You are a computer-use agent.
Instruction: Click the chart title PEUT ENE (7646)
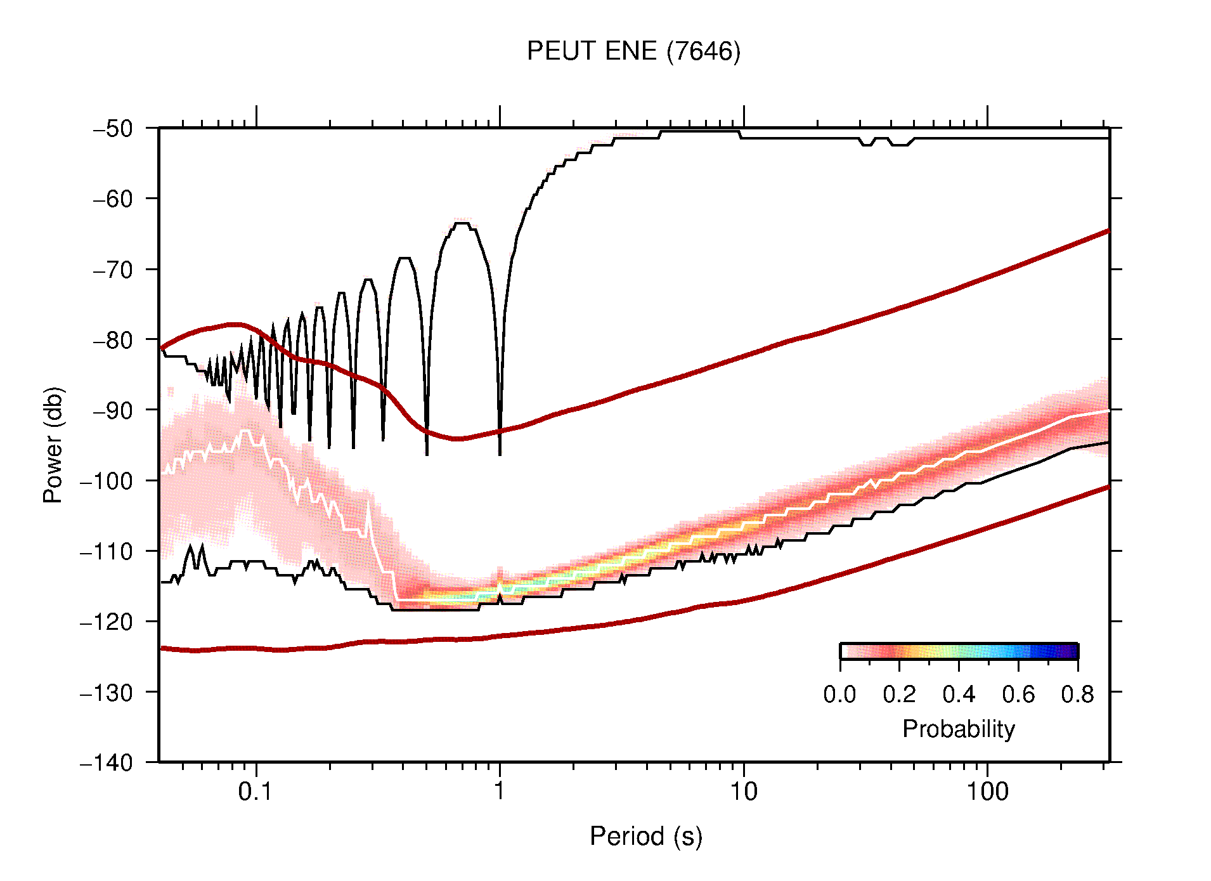tap(633, 51)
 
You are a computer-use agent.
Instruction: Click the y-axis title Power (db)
tap(53, 445)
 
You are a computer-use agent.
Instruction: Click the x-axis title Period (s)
tap(645, 836)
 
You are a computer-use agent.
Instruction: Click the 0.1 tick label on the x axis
tap(256, 792)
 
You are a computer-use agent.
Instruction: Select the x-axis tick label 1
tap(500, 792)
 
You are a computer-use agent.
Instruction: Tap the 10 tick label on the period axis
tap(743, 792)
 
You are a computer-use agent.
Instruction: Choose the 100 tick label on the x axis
tap(987, 792)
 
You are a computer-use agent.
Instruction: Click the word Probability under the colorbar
tap(958, 729)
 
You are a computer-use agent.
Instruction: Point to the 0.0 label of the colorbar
tap(839, 695)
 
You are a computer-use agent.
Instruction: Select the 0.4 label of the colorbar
tap(959, 695)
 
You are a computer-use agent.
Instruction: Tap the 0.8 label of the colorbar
tap(1077, 695)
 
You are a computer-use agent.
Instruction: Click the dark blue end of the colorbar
tap(1072, 651)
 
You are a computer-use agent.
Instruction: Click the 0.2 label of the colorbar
tap(899, 695)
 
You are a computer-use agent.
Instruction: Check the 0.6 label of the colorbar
tap(1018, 695)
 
